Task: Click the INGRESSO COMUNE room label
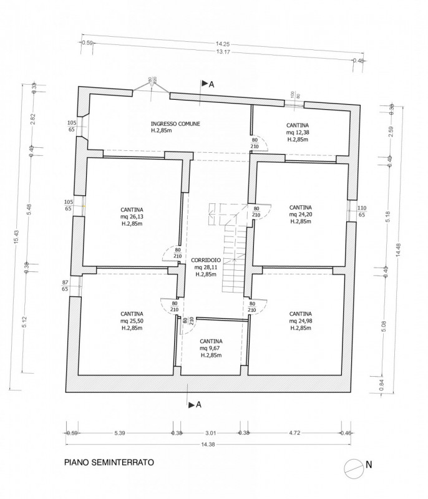click(175, 124)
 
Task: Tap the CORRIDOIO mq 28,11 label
click(205, 267)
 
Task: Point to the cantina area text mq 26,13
click(132, 218)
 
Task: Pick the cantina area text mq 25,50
click(132, 321)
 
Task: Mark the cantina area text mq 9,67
click(213, 348)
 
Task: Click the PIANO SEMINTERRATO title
click(108, 463)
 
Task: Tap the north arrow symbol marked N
click(356, 465)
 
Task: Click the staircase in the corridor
click(232, 249)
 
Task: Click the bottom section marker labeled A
click(193, 404)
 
